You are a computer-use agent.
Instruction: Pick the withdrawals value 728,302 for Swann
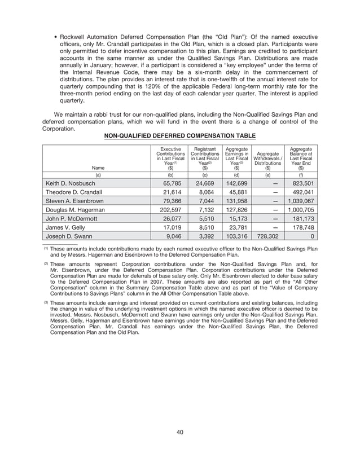(x=265, y=236)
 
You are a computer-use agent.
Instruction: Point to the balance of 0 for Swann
(x=312, y=236)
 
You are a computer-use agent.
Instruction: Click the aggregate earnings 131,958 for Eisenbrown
(x=236, y=201)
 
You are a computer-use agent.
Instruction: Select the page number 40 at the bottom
(x=180, y=432)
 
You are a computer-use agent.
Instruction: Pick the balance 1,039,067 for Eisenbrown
(x=301, y=201)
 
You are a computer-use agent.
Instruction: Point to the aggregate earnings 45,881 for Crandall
(x=238, y=192)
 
